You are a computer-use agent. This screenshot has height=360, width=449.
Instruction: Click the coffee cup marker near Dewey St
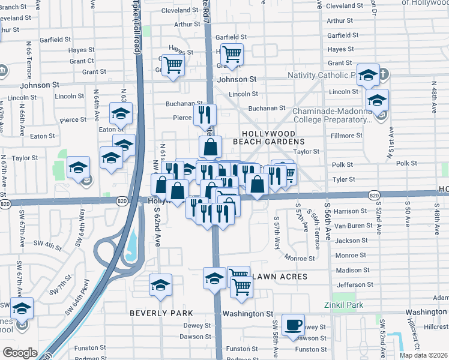point(293,325)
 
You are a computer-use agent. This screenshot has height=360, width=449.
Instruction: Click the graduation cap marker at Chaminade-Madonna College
point(378,100)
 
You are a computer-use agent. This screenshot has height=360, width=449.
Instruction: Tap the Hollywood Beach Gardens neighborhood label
point(268,137)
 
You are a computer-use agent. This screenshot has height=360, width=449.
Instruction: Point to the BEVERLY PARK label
point(161,313)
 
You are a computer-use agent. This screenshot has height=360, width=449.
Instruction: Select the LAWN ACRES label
point(280,277)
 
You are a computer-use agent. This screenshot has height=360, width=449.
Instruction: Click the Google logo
point(20,352)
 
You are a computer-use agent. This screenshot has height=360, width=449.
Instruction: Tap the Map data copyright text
point(424,355)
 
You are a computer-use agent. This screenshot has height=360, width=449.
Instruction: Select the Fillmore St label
point(346,136)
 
